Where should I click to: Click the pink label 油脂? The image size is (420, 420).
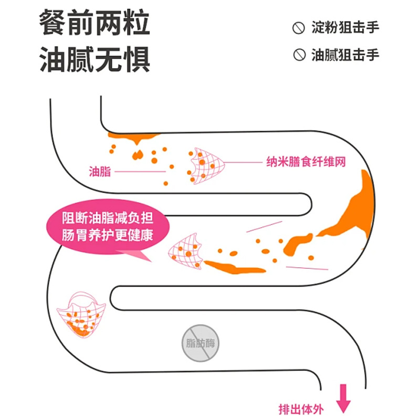click(100, 171)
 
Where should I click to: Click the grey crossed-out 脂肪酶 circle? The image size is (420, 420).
click(200, 344)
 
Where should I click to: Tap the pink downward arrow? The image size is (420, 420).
click(344, 397)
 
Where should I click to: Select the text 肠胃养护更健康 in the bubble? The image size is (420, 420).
click(107, 235)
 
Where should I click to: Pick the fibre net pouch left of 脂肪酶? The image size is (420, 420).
click(81, 314)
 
